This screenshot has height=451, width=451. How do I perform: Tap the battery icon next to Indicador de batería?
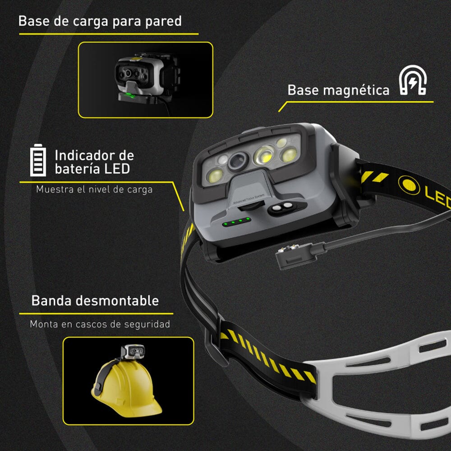pos(38,160)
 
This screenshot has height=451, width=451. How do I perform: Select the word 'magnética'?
pos(356,90)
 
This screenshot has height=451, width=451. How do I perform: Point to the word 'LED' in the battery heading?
pos(117,169)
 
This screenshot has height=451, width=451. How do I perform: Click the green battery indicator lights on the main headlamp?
pos(237,222)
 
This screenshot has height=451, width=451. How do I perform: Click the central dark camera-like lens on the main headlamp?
pos(238,161)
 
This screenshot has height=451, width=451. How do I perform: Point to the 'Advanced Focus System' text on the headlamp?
pos(248,199)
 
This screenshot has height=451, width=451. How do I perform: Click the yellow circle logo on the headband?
pos(409,185)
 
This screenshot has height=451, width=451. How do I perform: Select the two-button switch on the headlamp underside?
pos(284,208)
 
